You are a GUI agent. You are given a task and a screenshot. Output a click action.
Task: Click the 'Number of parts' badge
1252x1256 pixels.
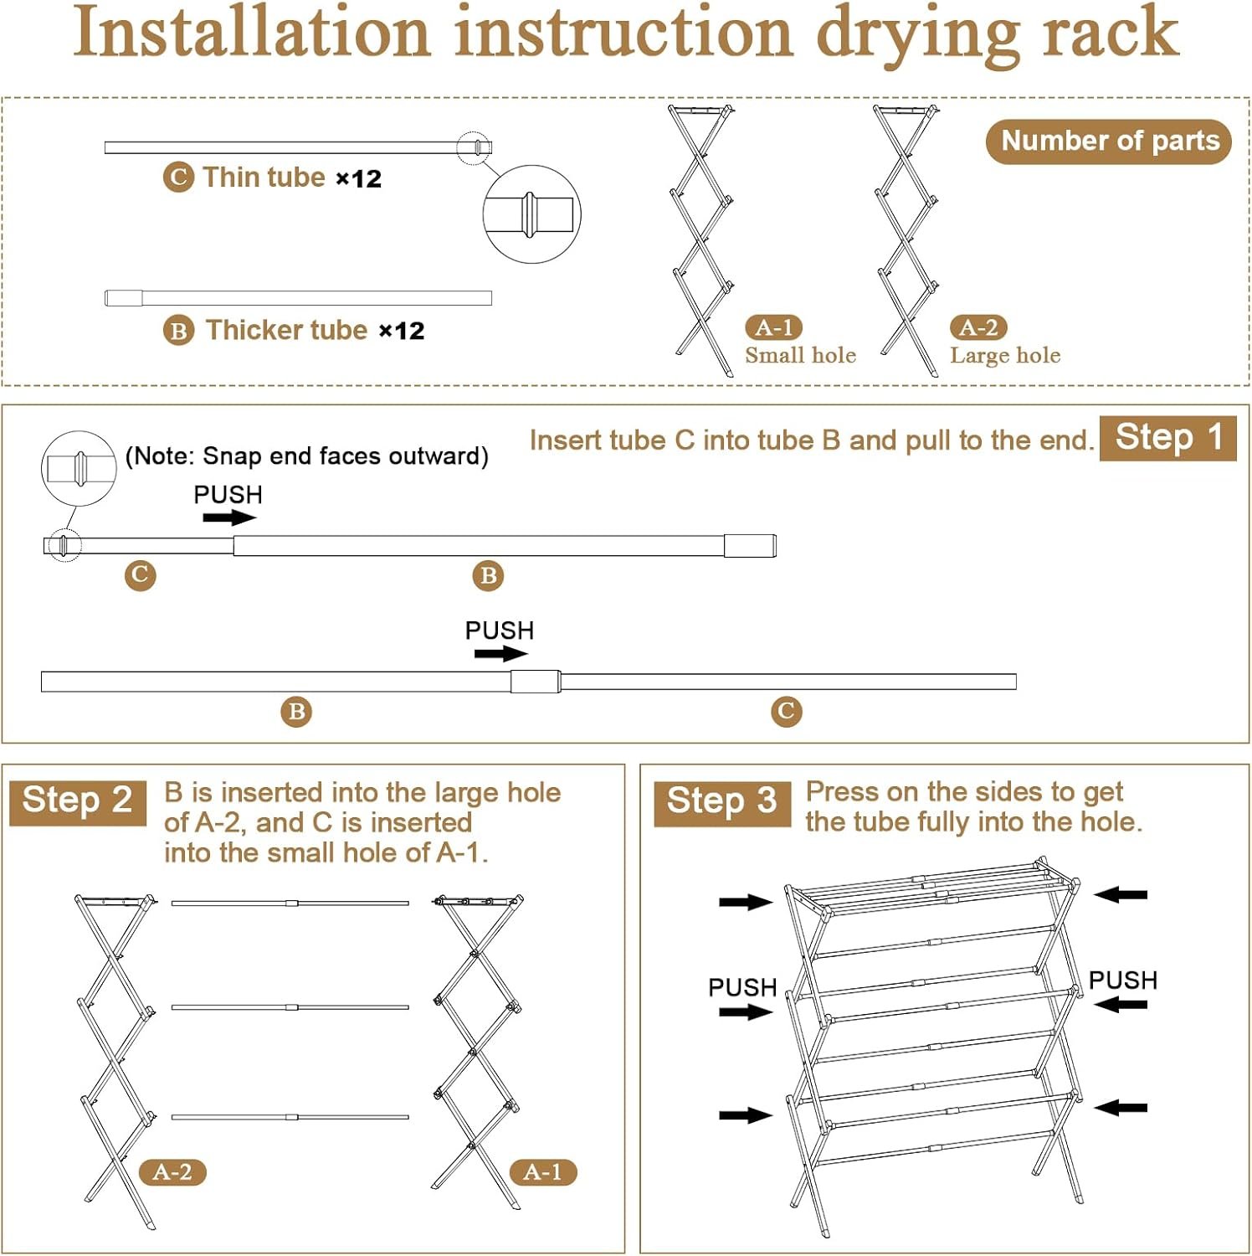click(1108, 142)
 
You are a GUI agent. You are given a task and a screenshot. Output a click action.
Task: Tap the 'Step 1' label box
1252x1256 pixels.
click(1167, 438)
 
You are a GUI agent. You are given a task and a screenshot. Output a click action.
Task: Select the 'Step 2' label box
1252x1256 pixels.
click(78, 801)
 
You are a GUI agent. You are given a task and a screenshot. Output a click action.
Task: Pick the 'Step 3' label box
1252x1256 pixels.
click(721, 802)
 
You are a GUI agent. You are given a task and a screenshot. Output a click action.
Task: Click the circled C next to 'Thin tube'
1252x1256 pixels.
click(178, 178)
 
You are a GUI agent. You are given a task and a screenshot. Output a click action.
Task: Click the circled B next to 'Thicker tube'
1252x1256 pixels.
click(178, 331)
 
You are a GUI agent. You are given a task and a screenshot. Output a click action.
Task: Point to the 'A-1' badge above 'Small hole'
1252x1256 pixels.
click(774, 327)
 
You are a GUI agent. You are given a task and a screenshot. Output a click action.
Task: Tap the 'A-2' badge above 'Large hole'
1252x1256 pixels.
click(978, 327)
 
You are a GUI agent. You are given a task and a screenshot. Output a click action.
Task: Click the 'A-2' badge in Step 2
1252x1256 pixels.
click(172, 1171)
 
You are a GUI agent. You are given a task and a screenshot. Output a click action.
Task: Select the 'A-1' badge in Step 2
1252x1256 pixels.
click(543, 1171)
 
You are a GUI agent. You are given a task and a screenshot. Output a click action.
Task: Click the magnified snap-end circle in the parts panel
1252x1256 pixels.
click(531, 214)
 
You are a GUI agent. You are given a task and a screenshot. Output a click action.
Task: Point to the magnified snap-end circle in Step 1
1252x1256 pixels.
click(79, 468)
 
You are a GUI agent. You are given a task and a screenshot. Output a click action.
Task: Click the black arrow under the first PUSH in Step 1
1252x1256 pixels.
click(229, 517)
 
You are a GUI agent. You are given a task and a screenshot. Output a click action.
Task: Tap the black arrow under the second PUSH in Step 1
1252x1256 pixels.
click(500, 653)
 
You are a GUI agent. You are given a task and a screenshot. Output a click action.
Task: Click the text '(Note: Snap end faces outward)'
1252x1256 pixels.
click(306, 456)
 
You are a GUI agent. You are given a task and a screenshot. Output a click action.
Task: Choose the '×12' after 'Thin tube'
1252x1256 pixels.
click(358, 179)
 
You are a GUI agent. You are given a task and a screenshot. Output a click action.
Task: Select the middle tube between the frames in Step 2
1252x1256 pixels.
click(290, 1007)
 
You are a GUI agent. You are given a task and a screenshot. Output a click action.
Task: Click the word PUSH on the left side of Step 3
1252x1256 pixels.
click(742, 987)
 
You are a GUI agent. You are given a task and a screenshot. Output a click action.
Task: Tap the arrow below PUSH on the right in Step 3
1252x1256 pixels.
click(1121, 1004)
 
